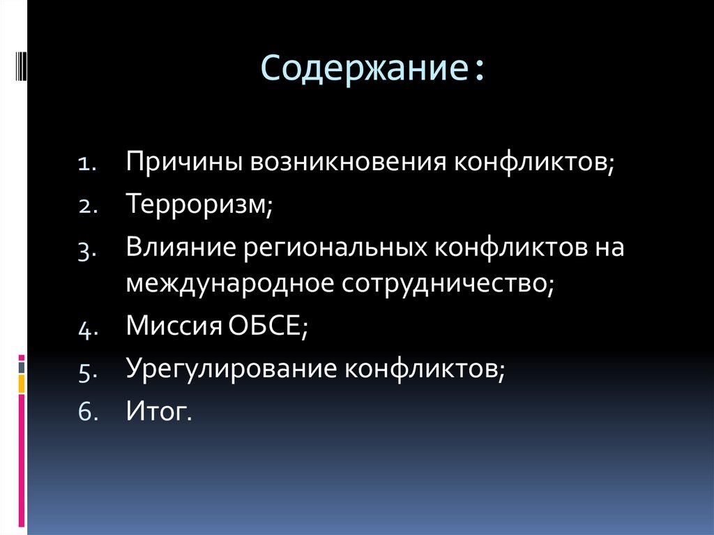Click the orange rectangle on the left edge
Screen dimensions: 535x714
22,383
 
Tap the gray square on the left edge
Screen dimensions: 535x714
22,366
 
